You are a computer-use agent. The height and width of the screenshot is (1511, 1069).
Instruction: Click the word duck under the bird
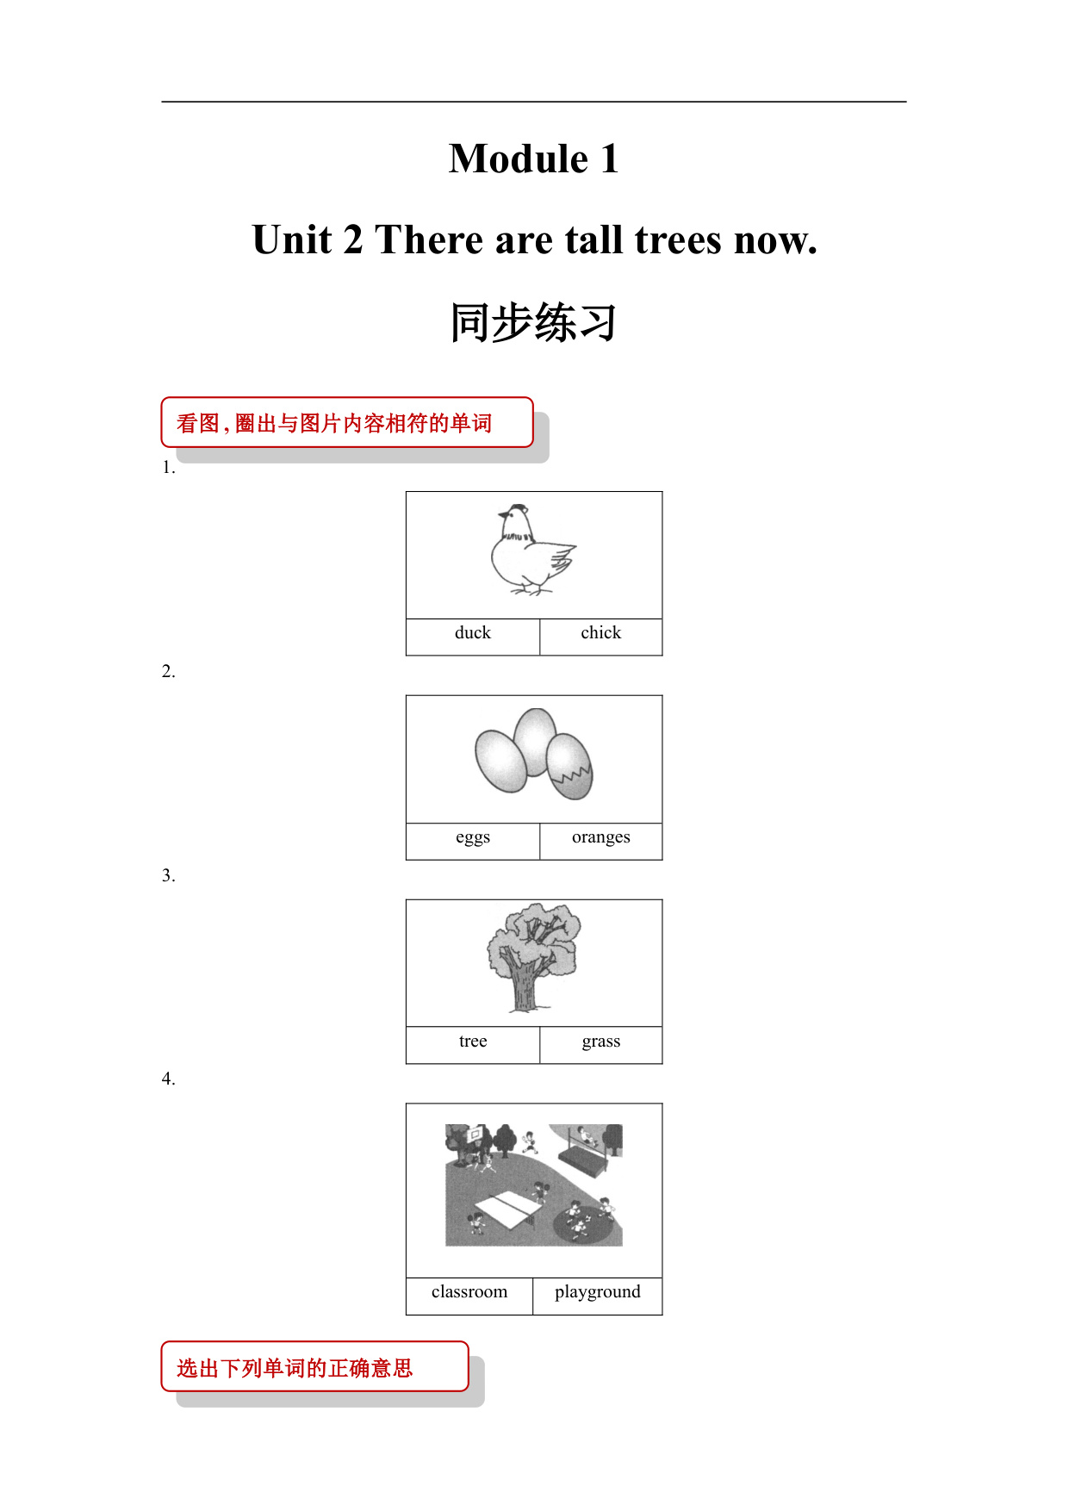click(x=472, y=632)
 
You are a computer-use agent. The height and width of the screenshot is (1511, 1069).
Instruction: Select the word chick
click(x=600, y=632)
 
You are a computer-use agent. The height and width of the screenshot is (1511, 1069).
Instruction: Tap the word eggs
click(x=473, y=837)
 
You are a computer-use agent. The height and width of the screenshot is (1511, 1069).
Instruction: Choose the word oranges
click(x=600, y=837)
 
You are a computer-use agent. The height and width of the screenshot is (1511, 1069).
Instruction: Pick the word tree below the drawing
click(x=473, y=1041)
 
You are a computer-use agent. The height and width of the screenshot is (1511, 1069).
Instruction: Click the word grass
click(x=600, y=1042)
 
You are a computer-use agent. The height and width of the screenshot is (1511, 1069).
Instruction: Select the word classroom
click(x=469, y=1291)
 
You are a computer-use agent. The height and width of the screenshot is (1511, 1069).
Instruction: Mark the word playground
click(x=598, y=1292)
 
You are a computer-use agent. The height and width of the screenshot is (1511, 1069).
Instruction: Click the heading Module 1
click(x=534, y=159)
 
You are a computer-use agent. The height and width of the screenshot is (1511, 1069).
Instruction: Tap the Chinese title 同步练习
click(x=534, y=323)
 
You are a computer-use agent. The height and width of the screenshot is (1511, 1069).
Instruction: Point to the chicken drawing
click(x=533, y=550)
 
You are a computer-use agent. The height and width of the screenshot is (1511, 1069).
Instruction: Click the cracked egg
click(x=569, y=766)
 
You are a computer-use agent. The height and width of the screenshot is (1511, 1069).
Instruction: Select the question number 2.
click(x=168, y=671)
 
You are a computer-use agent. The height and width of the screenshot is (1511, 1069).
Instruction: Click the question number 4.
click(x=168, y=1079)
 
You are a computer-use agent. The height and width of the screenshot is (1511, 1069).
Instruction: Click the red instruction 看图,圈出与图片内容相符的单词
click(x=334, y=423)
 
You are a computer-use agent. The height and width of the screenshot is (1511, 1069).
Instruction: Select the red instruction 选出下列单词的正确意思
click(x=295, y=1368)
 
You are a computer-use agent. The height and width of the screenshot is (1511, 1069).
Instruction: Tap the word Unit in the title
click(x=293, y=239)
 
